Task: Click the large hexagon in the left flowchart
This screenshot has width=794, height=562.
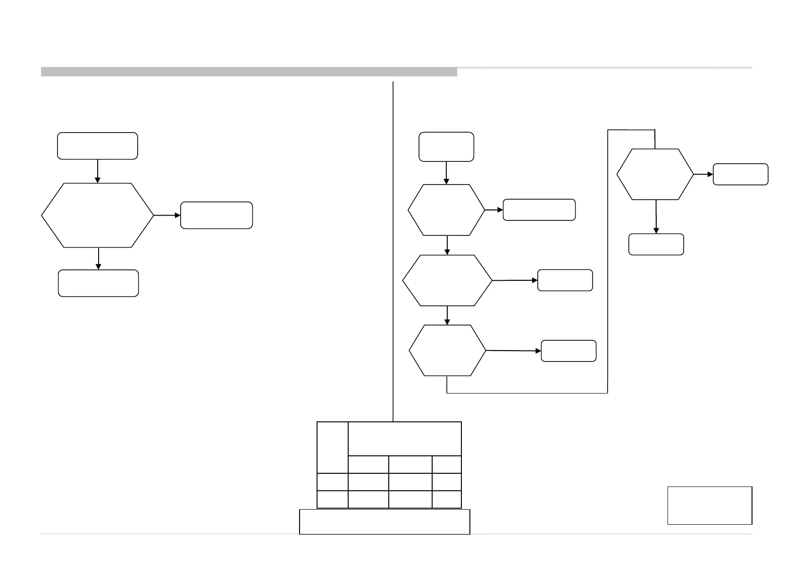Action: click(x=98, y=215)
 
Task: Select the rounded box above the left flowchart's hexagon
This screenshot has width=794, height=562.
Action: click(x=98, y=146)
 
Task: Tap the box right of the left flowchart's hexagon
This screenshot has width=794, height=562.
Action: click(x=217, y=215)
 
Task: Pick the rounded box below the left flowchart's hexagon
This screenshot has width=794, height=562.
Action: click(x=98, y=283)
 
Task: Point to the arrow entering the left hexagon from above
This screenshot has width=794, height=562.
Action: click(x=98, y=171)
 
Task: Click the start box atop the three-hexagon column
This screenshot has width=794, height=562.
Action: click(x=446, y=147)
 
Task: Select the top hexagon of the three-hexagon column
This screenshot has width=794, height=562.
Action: click(x=446, y=210)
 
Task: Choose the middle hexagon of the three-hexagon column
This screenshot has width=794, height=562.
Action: click(x=447, y=280)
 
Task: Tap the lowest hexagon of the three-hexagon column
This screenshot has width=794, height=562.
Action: click(x=447, y=350)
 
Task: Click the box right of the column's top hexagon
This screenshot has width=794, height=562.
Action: click(x=539, y=210)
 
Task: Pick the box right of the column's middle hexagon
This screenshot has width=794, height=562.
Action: click(x=565, y=280)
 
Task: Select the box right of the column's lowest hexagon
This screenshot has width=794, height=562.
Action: click(x=568, y=351)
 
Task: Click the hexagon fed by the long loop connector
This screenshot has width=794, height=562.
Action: click(x=655, y=174)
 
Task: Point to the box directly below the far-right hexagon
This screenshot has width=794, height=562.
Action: click(x=656, y=244)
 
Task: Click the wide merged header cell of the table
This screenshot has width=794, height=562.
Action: click(x=405, y=439)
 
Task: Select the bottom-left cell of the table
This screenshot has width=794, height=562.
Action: click(x=333, y=499)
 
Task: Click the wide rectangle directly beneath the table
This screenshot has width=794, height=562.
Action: click(x=384, y=521)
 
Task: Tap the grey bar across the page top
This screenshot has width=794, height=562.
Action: click(x=249, y=72)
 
